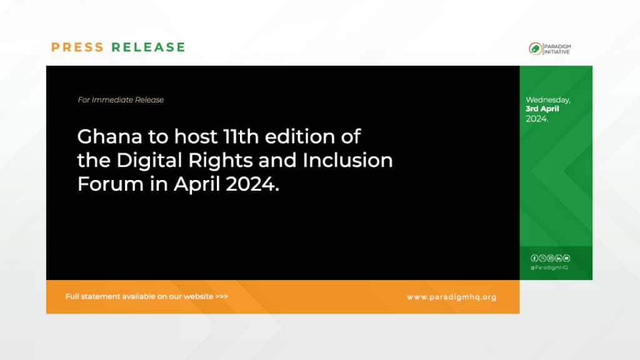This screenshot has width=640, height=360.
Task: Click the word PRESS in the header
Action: point(77,47)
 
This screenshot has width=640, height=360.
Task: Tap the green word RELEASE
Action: point(148,47)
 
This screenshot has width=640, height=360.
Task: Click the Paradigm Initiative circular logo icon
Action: point(535,49)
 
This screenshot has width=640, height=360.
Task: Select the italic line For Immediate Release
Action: point(121,100)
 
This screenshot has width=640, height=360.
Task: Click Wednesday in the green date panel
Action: point(548,100)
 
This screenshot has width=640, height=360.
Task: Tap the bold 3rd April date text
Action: point(542,109)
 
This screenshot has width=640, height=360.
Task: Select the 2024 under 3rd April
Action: point(537,119)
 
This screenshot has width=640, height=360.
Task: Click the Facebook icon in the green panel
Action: point(534,258)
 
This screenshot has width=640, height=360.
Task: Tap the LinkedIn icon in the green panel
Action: point(558,258)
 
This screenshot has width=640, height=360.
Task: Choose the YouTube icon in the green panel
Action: point(566,258)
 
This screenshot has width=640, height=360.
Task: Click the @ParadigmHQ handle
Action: point(549,267)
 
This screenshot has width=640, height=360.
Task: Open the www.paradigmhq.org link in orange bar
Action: point(451,297)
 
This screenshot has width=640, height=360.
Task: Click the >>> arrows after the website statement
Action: point(221,296)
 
